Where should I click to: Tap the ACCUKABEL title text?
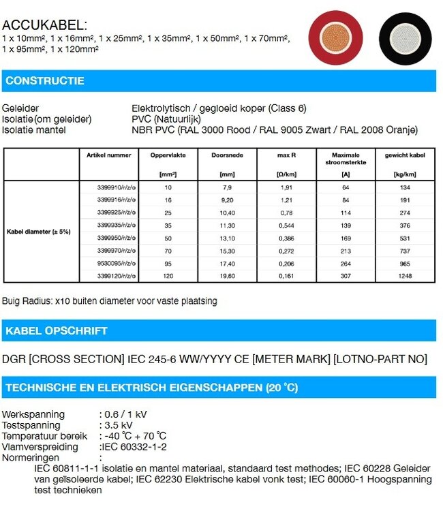click(x=45, y=25)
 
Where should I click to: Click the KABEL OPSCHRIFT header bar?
click(x=218, y=330)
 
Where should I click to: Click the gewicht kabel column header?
click(x=405, y=155)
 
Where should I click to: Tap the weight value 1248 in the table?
click(x=405, y=277)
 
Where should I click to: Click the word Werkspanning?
click(x=33, y=414)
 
